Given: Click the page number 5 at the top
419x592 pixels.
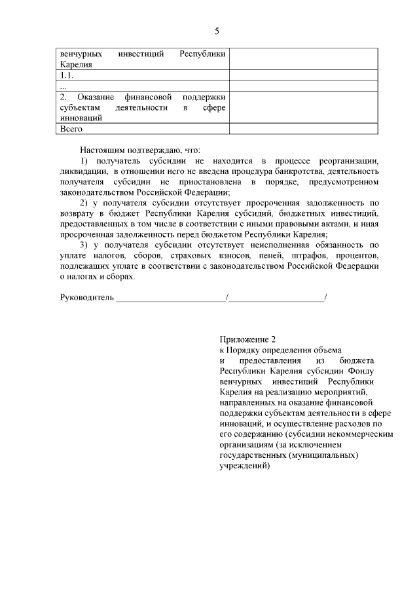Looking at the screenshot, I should coord(216,31).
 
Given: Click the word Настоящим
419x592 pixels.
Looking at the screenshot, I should coord(101,150).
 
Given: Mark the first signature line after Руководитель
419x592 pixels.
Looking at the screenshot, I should coord(170,300).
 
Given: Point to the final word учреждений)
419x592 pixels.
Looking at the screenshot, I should coord(244,466).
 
